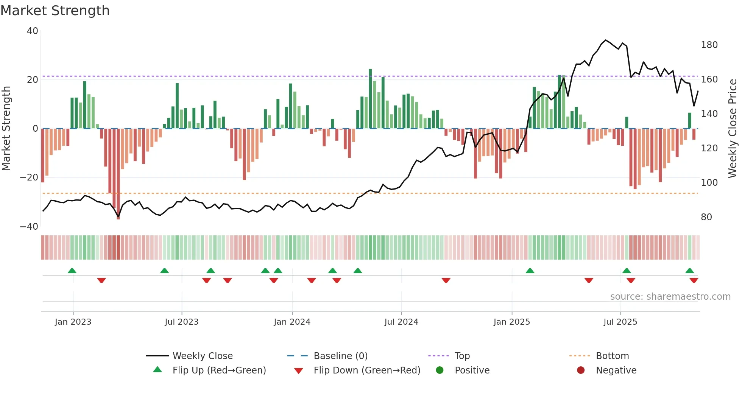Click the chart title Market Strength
pos(55,11)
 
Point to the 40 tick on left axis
pos(33,31)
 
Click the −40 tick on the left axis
pos(29,226)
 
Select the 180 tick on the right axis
pos(709,45)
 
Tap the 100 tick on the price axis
pos(709,183)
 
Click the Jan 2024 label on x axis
pos(292,322)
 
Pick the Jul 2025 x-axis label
pos(620,322)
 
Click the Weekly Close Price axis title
pos(733,129)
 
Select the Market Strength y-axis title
pos(6,129)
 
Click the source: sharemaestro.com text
pos(670,297)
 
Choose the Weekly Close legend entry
pos(202,356)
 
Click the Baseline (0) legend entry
pos(340,356)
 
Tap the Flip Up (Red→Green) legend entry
pos(219,370)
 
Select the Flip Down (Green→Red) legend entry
pos(366,370)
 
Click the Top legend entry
pos(462,356)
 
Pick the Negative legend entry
pos(616,370)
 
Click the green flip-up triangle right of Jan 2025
pos(530,271)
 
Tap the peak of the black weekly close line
pos(606,40)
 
